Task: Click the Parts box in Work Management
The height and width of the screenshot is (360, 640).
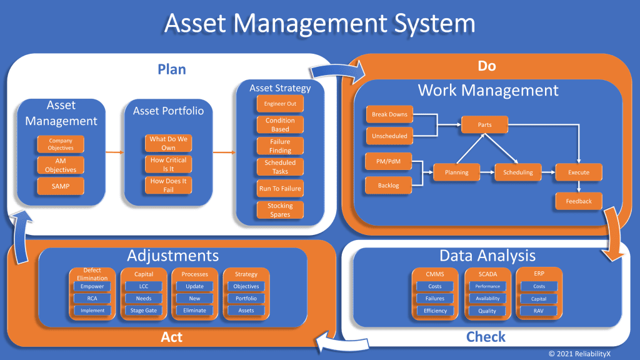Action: tap(485, 124)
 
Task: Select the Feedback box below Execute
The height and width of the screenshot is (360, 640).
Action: tap(579, 201)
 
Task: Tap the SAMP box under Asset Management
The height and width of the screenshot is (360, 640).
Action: tap(61, 186)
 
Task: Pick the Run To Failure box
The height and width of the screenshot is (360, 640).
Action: tap(280, 188)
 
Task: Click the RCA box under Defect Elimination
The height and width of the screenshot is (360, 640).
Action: tap(92, 298)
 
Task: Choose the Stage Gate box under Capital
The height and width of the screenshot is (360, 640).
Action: tap(143, 310)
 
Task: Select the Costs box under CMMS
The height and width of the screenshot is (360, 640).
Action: tap(435, 286)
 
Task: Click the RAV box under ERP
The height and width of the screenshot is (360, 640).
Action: tap(539, 310)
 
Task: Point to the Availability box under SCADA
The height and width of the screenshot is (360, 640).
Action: tap(487, 298)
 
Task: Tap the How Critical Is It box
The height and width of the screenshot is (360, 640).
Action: tap(168, 164)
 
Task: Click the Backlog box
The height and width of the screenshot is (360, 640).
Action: tap(389, 186)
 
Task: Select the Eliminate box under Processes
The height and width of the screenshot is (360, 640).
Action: tap(194, 310)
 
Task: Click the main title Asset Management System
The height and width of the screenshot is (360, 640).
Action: tap(320, 24)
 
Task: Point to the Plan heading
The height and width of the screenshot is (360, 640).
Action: tap(171, 69)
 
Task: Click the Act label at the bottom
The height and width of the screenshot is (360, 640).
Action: tap(171, 337)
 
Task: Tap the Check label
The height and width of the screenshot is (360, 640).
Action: tap(486, 337)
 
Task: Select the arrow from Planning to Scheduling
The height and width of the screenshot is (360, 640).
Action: tap(487, 172)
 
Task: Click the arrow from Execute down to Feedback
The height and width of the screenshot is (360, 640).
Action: tap(578, 186)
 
